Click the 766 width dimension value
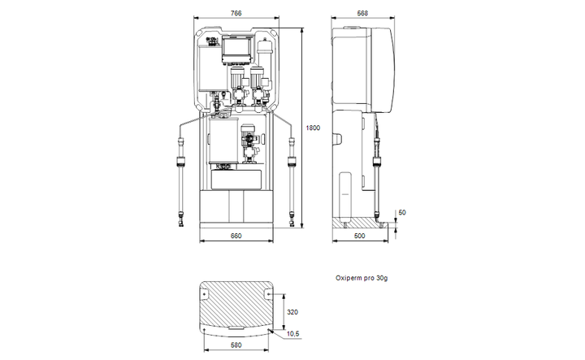[x=236, y=13]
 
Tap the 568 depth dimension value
[x=362, y=13]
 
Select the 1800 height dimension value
[x=313, y=128]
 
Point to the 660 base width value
[x=236, y=236]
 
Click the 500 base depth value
[x=359, y=236]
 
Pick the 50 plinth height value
[x=402, y=212]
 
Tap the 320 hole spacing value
[x=292, y=312]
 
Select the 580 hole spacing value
[x=236, y=345]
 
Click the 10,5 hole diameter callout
[x=292, y=334]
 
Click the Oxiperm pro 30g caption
[x=361, y=278]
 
